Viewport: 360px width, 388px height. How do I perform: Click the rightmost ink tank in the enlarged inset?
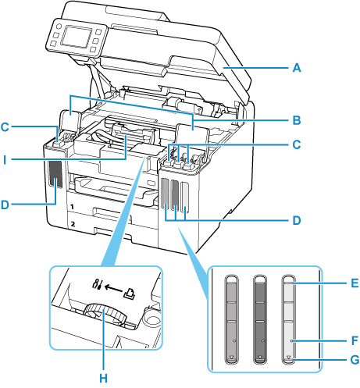click(288, 320)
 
